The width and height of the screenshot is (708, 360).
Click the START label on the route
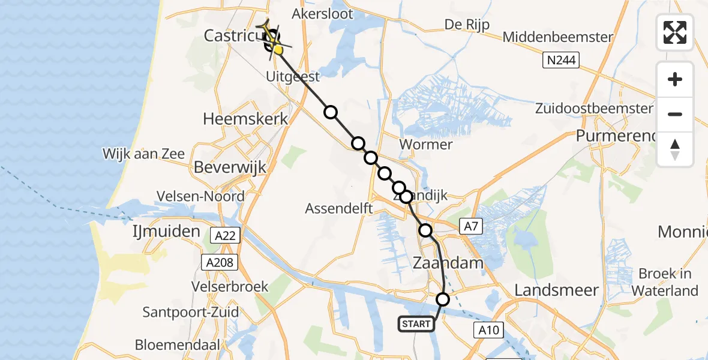416,324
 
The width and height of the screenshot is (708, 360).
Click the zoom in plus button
675,80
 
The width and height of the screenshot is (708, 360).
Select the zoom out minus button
675,114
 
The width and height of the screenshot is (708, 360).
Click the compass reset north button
675,149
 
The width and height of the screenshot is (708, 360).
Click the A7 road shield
470,226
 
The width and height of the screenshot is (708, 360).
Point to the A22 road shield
225,237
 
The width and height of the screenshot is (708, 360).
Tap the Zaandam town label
449,263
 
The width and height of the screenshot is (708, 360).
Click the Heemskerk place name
245,119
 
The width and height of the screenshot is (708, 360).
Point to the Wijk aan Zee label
143,154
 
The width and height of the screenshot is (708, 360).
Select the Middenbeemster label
558,37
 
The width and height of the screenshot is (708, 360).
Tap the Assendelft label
340,209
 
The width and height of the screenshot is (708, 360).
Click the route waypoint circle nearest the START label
443,299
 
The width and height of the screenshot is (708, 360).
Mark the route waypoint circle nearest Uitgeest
331,112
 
